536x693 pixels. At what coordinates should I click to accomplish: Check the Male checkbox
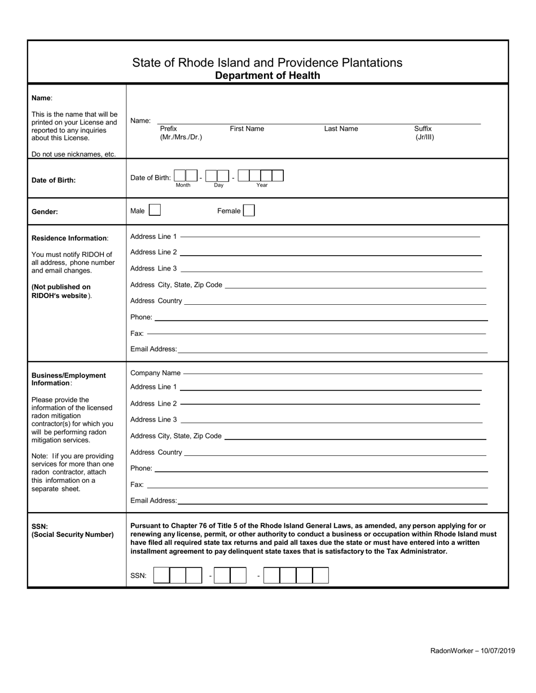click(155, 211)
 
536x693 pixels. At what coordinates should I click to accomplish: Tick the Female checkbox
click(249, 211)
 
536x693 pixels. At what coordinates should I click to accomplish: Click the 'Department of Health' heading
click(267, 75)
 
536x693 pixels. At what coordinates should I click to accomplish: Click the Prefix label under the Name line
click(168, 129)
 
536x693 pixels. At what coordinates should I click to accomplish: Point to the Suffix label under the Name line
click(423, 129)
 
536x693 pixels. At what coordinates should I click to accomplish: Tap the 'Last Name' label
click(341, 129)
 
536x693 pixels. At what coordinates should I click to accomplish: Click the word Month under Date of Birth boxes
click(183, 185)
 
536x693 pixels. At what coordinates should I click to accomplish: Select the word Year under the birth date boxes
click(262, 185)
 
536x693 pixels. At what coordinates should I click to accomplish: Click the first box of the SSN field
click(161, 575)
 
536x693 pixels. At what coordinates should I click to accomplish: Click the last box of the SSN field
click(320, 575)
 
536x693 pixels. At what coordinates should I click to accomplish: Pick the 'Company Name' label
click(155, 373)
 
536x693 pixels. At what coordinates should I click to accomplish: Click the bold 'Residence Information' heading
click(69, 238)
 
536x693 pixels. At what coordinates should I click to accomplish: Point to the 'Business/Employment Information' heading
click(68, 379)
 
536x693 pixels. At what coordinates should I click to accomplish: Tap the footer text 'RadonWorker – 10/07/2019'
click(472, 651)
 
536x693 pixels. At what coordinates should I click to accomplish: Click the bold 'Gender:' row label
click(46, 212)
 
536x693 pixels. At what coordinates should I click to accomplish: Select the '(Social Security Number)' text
click(72, 534)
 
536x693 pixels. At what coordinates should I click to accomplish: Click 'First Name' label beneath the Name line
click(247, 129)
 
